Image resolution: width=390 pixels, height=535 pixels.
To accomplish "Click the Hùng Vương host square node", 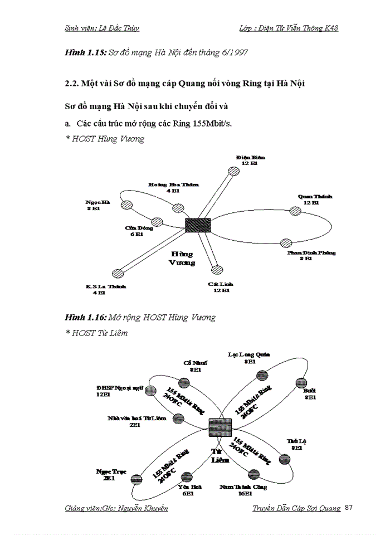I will (x=198, y=225).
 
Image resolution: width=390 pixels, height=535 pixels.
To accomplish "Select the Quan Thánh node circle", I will (x=294, y=210).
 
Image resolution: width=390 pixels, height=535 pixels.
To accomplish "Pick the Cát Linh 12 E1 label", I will (x=221, y=287).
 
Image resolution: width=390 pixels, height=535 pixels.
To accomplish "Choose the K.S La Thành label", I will (x=106, y=289).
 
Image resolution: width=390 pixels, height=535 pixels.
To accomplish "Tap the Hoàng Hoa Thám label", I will (x=173, y=187).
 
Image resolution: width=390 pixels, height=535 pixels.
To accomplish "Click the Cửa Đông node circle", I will (x=157, y=222).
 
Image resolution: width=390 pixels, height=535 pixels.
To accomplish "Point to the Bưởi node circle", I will (x=301, y=382).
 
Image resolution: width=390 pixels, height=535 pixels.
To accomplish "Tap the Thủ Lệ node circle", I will (x=284, y=459).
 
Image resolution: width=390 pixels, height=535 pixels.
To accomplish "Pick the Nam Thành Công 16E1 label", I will (x=243, y=490).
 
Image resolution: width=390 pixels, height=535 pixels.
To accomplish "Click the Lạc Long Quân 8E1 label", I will (x=249, y=357).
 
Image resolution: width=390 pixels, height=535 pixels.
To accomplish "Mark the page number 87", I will (x=349, y=507).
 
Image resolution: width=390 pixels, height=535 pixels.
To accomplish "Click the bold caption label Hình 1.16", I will (x=85, y=318).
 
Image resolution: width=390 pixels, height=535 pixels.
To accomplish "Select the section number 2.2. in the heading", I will (x=74, y=83).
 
